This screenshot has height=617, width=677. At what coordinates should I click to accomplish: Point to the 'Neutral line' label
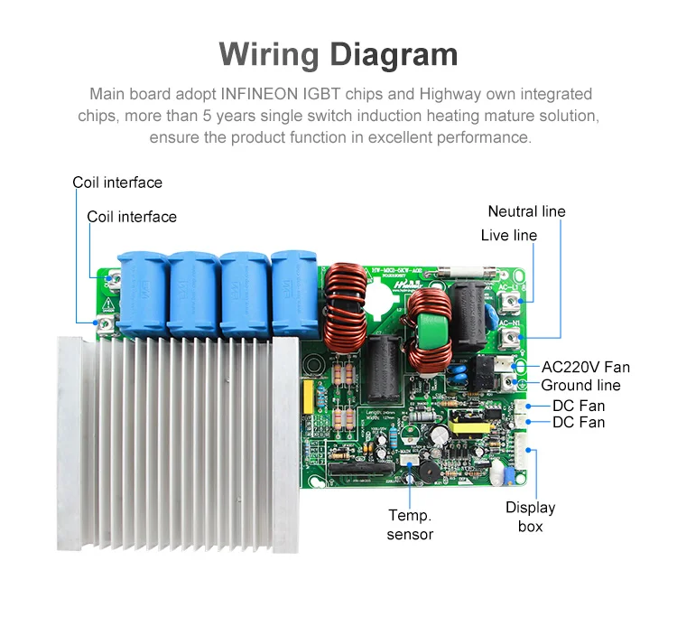pyautogui.click(x=526, y=211)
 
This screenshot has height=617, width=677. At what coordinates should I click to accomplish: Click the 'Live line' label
pyautogui.click(x=508, y=235)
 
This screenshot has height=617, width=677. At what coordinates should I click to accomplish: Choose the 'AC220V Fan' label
pyautogui.click(x=585, y=367)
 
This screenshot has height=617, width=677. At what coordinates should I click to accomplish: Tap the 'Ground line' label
pyautogui.click(x=580, y=386)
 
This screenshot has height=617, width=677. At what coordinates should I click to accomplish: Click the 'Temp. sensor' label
pyautogui.click(x=410, y=525)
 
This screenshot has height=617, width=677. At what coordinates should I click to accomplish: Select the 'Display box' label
pyautogui.click(x=530, y=516)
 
